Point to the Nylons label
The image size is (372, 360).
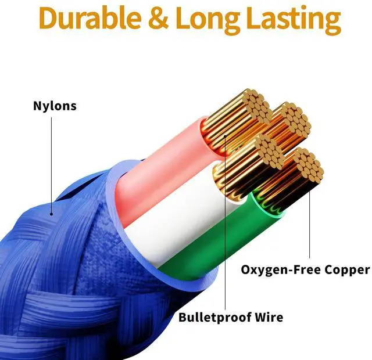(x=54, y=106)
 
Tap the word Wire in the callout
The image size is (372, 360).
(x=270, y=318)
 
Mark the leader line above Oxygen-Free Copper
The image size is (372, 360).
(x=309, y=226)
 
